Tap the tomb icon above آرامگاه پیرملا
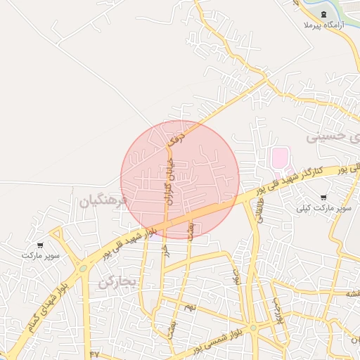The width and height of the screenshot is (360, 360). tap(323, 14)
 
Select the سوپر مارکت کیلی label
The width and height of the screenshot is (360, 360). tap(323, 208)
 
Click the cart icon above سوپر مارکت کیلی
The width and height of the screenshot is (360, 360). tap(323, 198)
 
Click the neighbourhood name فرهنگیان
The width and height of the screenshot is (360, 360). tap(103, 202)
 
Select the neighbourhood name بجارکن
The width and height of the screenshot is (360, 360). tap(116, 283)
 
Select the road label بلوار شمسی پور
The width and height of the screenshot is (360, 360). tap(219, 341)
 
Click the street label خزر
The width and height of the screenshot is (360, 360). tap(166, 250)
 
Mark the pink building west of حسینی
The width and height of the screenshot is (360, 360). tap(280, 159)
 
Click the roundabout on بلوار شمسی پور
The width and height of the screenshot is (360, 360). tap(253, 327)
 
